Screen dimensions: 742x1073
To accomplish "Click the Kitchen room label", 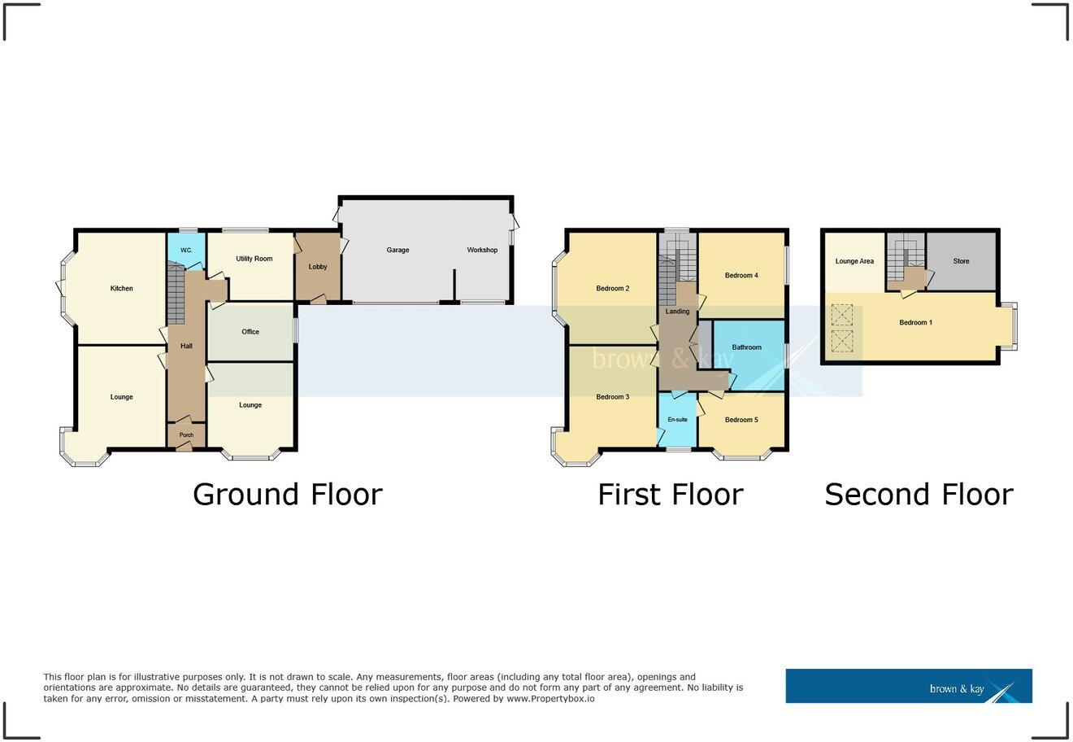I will tap(121, 289).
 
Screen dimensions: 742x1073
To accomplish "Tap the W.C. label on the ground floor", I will tap(185, 250).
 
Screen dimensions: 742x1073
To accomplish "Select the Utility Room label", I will tap(254, 259).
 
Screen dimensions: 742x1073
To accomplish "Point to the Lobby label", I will tap(318, 267).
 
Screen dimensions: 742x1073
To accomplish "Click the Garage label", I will tap(397, 250).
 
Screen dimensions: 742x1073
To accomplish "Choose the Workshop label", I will tap(482, 250).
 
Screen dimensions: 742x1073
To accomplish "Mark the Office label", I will tap(250, 332).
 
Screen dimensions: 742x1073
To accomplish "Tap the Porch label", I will tap(186, 435).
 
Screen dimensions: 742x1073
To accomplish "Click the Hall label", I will tap(186, 347).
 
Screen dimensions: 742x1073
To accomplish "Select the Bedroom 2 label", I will tap(613, 289).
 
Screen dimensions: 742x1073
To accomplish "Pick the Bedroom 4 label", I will tap(741, 276).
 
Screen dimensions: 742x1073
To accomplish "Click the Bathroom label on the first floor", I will tap(746, 347).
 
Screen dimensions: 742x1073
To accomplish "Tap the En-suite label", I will tap(677, 420).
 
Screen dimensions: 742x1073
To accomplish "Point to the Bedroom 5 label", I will tap(741, 420).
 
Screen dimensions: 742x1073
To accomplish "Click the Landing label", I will tap(677, 312).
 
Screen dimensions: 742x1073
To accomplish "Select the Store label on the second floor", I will tap(961, 261).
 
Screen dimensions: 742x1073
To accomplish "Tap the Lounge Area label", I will tap(854, 261).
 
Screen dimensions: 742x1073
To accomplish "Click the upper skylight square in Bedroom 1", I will tap(841, 316).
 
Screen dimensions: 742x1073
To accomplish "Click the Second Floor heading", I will tap(919, 495).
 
